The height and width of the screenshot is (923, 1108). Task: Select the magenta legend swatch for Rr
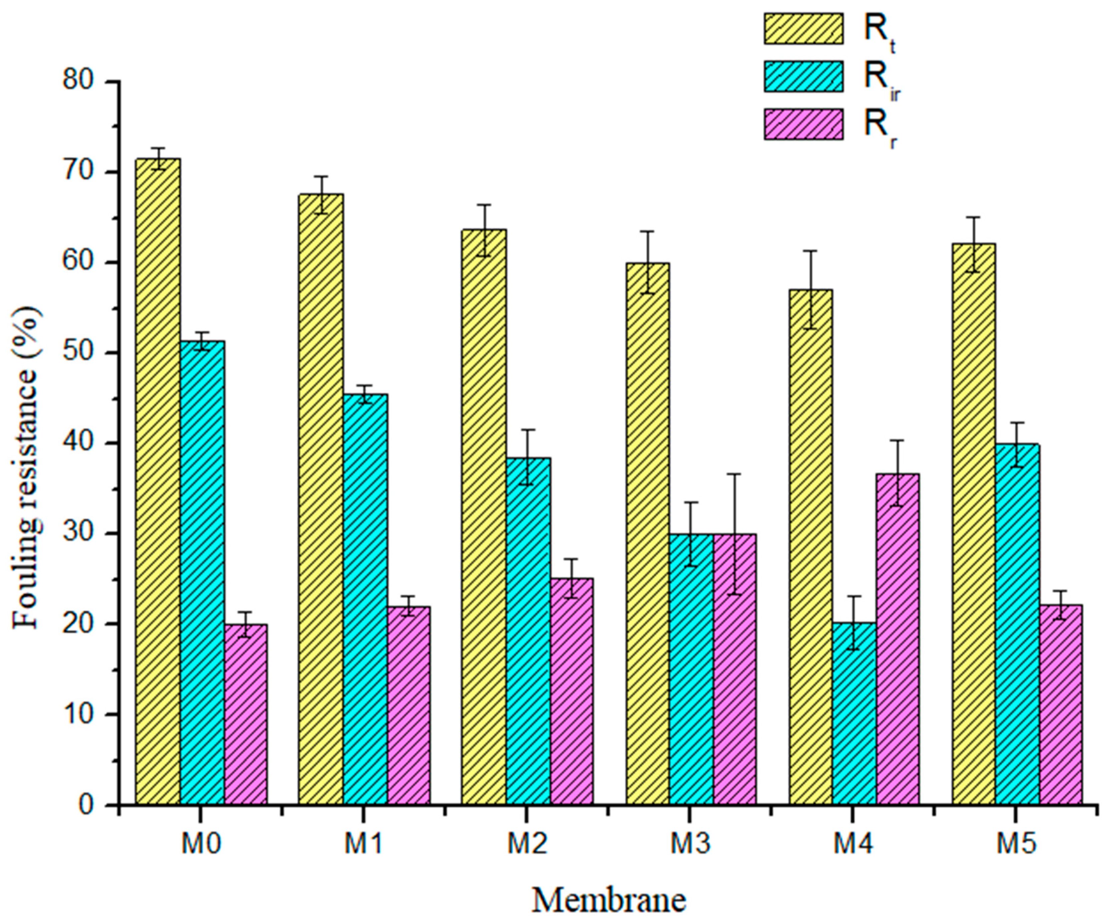(803, 124)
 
